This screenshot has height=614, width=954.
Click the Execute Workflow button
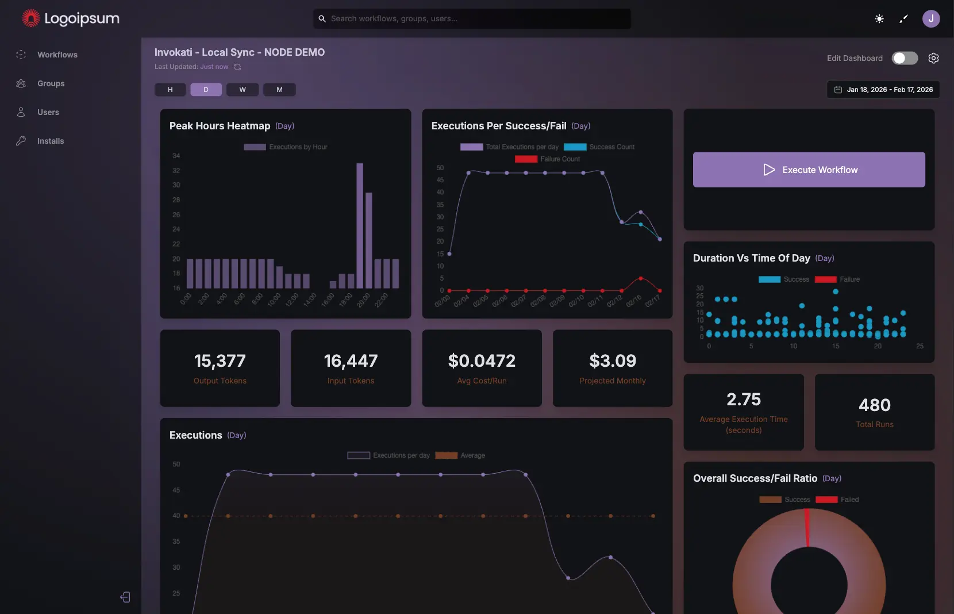point(809,170)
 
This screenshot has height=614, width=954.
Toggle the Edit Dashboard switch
point(904,58)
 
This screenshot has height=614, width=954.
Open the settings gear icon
point(933,58)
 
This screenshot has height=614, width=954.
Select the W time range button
point(243,90)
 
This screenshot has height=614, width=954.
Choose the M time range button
point(279,90)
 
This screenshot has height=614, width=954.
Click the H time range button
point(170,90)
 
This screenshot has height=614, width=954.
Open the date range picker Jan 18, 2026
point(883,90)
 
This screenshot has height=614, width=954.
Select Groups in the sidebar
point(51,83)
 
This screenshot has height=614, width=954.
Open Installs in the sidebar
point(51,141)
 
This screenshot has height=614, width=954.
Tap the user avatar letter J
point(930,18)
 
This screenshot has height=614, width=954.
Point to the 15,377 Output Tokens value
point(220,361)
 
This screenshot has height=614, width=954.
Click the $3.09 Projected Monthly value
point(613,361)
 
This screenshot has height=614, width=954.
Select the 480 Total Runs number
point(875,405)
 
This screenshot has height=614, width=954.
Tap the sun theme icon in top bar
point(879,19)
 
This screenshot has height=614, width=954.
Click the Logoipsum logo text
point(82,18)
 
